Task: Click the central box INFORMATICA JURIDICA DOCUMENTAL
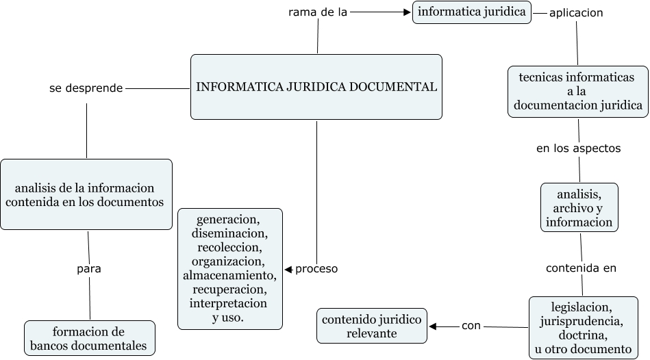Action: [316, 87]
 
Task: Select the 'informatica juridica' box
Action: [472, 12]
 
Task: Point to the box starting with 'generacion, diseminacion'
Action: [229, 269]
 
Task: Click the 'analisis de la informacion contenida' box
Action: [86, 194]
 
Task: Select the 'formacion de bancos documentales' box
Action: [89, 338]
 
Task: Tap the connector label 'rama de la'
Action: [318, 12]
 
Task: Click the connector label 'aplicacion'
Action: [576, 13]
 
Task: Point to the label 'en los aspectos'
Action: [578, 148]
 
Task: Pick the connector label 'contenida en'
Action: [581, 268]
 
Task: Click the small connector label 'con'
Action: [471, 326]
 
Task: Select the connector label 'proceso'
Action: [316, 269]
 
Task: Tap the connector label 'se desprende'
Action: [86, 88]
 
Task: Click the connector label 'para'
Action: [89, 268]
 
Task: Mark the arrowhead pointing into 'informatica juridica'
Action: [407, 12]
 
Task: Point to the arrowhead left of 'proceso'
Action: [288, 269]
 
